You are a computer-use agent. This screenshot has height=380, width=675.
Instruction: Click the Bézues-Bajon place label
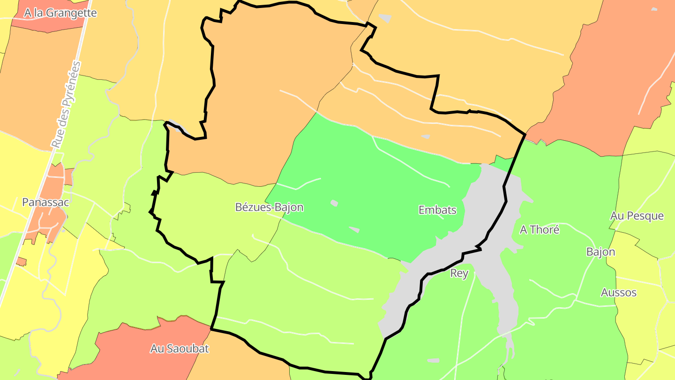point(269,207)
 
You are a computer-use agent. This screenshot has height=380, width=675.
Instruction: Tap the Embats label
point(437,210)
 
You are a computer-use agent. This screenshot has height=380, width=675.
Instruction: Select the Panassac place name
point(45,202)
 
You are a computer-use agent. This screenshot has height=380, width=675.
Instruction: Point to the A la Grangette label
point(60,13)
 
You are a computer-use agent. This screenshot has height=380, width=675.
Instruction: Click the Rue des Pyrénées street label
point(66,105)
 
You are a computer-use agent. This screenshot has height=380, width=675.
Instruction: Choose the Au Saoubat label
point(179,349)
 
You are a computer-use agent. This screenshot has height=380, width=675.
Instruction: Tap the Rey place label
point(459,273)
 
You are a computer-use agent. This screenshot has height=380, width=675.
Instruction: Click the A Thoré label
point(540,229)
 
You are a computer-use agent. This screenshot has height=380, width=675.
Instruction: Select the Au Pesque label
point(637,216)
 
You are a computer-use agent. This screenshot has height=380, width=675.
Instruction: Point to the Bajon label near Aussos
point(600,251)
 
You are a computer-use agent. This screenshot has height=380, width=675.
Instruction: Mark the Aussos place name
point(619,292)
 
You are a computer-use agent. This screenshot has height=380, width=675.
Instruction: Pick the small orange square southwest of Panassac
point(21,261)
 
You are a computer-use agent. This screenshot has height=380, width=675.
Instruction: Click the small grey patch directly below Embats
point(354,229)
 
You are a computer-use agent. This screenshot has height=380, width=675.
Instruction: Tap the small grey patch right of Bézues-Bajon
point(334,203)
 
